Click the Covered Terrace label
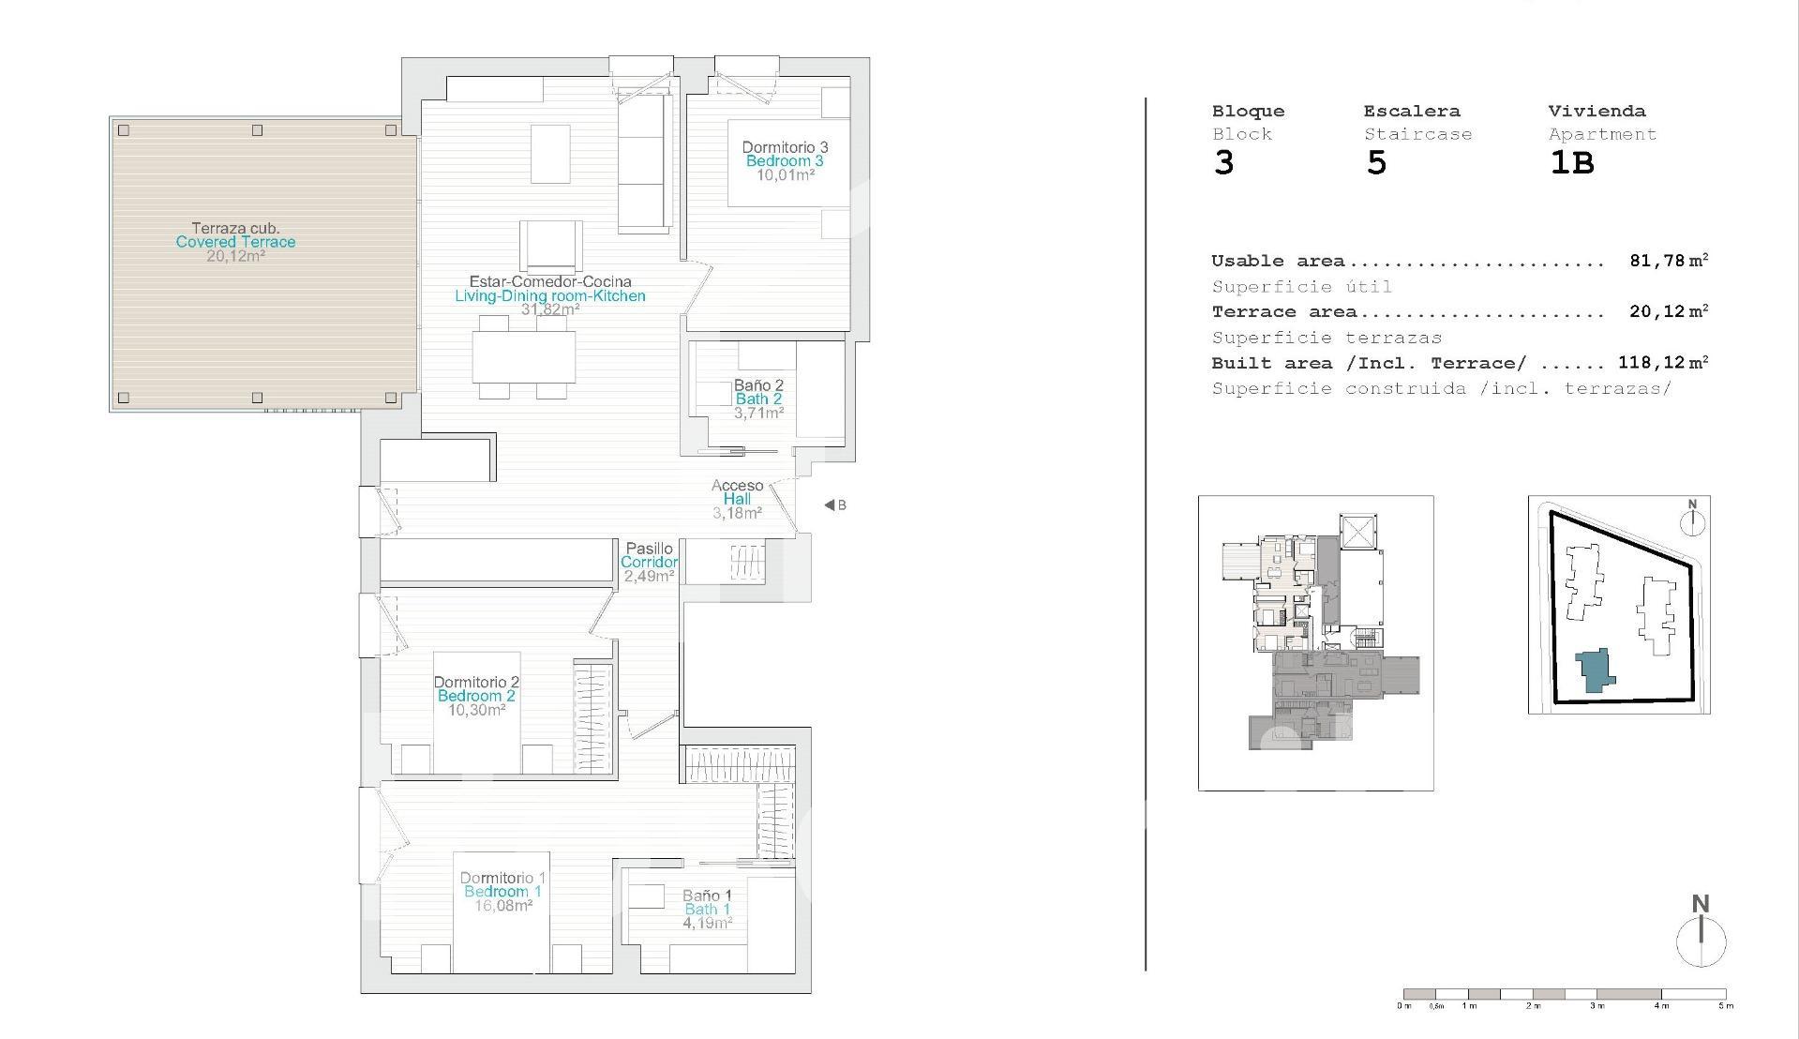tap(235, 242)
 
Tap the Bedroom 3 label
tap(785, 161)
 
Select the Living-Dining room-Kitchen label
tap(550, 296)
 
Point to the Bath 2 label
tap(758, 399)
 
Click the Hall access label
tap(737, 500)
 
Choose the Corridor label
tap(649, 563)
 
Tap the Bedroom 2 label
tap(476, 696)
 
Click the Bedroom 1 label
tap(502, 892)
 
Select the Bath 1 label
tap(707, 910)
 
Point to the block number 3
tap(1224, 163)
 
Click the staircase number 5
tap(1376, 163)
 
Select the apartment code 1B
tap(1572, 163)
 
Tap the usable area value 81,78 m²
tap(1669, 261)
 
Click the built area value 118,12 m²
tap(1663, 363)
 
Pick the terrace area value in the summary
tap(1669, 311)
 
